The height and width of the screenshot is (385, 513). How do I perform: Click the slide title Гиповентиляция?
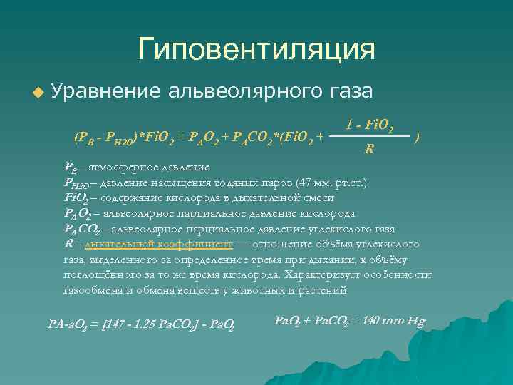(256, 49)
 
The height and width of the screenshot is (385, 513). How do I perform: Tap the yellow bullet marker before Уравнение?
(38, 92)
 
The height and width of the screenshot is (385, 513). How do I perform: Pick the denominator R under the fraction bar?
(369, 149)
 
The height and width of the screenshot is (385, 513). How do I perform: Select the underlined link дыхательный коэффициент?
(158, 244)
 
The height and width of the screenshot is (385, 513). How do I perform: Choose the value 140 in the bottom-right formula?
(373, 320)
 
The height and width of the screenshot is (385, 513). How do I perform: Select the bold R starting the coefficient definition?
(68, 244)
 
